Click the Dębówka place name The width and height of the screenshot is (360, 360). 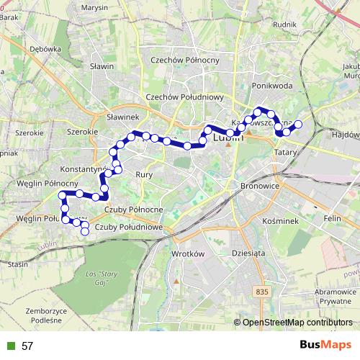45,49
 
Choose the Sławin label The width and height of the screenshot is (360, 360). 102,66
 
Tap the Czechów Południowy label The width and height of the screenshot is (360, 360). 186,96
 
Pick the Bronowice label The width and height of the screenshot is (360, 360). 261,186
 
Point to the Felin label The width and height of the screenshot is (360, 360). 332,217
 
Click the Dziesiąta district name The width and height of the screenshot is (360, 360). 249,253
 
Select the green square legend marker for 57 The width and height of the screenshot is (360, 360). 10,346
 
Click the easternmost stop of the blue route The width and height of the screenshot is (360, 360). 298,125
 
